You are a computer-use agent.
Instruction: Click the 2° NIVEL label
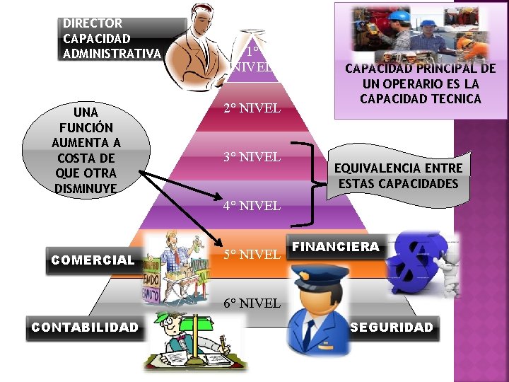click(x=252, y=109)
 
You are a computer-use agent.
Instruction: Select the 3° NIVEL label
click(x=252, y=156)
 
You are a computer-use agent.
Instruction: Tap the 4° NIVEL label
click(x=252, y=207)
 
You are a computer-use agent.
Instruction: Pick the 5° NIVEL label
click(x=252, y=254)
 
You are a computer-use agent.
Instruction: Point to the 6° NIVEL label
click(x=252, y=303)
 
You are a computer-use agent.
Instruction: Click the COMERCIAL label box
click(x=93, y=260)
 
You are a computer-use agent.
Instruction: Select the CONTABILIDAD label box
click(x=84, y=327)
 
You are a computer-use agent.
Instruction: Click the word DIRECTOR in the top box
click(x=93, y=23)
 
